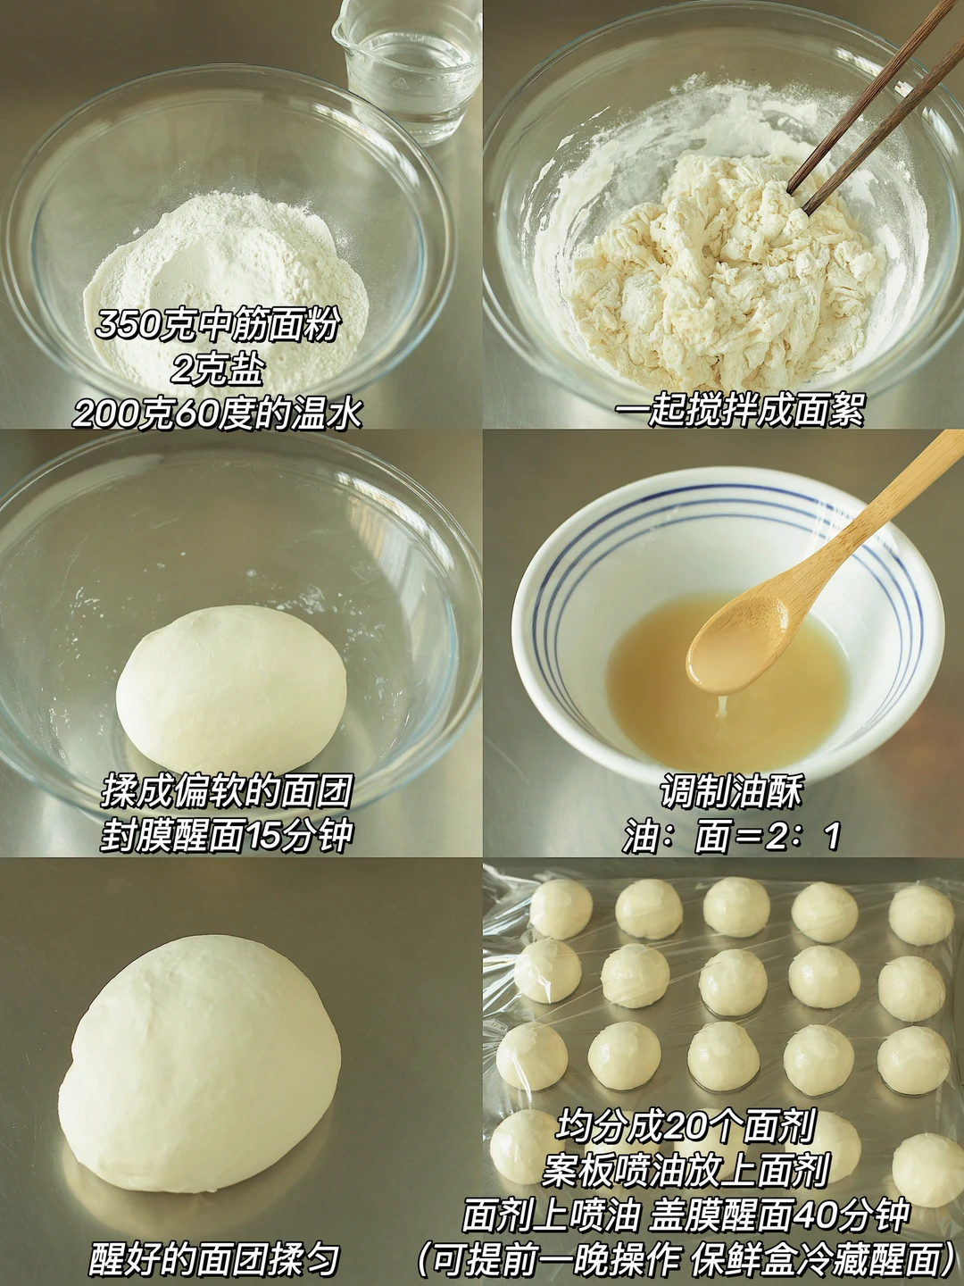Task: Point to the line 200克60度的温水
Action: pos(217,413)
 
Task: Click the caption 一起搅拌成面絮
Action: pos(740,411)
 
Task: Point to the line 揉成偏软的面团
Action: pos(226,790)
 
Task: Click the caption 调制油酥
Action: pos(731,791)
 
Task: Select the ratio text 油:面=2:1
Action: pos(731,836)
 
